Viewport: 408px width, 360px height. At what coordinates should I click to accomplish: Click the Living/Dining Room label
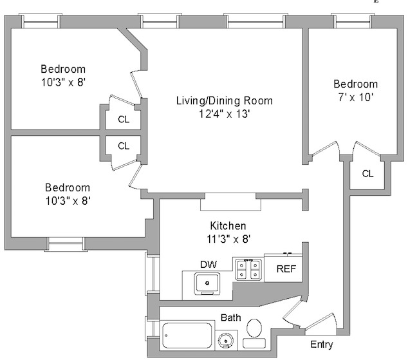click(225, 101)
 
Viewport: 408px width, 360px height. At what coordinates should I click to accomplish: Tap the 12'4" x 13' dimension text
click(225, 114)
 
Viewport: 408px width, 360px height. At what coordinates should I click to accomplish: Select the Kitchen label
click(228, 225)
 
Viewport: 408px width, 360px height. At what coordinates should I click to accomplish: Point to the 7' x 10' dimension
click(356, 97)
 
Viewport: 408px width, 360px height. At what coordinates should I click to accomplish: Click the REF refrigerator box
click(283, 268)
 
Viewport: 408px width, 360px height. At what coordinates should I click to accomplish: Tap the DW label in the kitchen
click(209, 265)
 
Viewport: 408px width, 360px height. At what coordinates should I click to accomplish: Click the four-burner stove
click(248, 269)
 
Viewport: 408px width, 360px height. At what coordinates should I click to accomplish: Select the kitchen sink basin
click(207, 283)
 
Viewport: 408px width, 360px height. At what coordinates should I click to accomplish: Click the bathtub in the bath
click(187, 336)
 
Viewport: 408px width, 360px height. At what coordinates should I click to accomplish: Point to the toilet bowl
click(254, 328)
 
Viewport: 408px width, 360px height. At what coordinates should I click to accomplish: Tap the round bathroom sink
click(226, 341)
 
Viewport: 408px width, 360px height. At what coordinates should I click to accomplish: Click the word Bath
click(231, 318)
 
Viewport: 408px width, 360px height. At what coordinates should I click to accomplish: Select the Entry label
click(322, 345)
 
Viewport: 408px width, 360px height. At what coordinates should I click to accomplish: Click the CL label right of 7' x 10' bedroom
click(367, 174)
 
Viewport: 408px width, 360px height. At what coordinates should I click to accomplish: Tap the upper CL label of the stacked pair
click(124, 120)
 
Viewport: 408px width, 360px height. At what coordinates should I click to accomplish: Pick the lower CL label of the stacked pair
click(124, 146)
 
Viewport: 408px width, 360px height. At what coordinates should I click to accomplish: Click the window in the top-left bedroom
click(41, 21)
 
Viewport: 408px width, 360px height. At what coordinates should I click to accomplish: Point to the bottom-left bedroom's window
click(66, 244)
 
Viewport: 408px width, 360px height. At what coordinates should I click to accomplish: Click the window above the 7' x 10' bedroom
click(353, 21)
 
